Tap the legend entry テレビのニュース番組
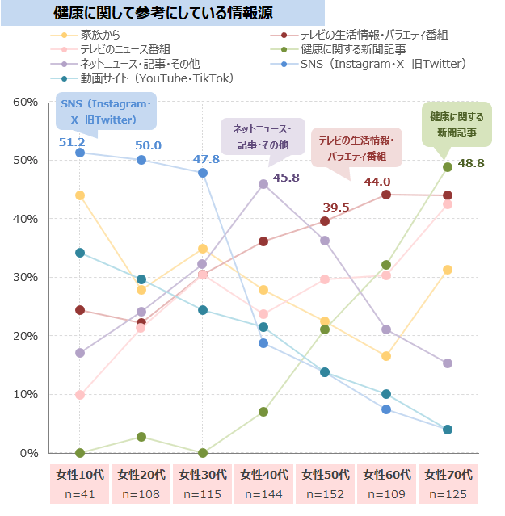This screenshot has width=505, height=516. point(124,49)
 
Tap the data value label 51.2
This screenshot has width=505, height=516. point(72,142)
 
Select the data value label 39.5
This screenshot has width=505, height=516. point(335,208)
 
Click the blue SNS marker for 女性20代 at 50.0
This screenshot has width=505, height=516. point(141,160)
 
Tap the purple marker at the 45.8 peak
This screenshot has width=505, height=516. point(263,184)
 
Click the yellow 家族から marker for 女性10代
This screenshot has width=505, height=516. point(80,195)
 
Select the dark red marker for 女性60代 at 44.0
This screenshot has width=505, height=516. point(386,195)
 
